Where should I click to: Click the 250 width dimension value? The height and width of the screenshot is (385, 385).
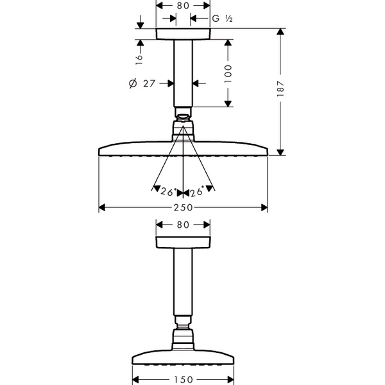183,208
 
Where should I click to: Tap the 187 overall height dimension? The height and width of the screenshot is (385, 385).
280,88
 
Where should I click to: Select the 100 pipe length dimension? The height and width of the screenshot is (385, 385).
228,74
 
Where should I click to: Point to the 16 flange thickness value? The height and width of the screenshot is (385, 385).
139,60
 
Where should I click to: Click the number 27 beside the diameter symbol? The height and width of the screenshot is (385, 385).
150,83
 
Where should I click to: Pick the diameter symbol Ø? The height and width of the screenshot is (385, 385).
133,83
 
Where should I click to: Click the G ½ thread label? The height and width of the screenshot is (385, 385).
222,19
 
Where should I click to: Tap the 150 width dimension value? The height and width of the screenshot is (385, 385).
183,380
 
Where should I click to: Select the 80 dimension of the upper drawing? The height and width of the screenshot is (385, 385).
183,6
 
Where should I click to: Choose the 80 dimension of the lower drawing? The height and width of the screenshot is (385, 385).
183,225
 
